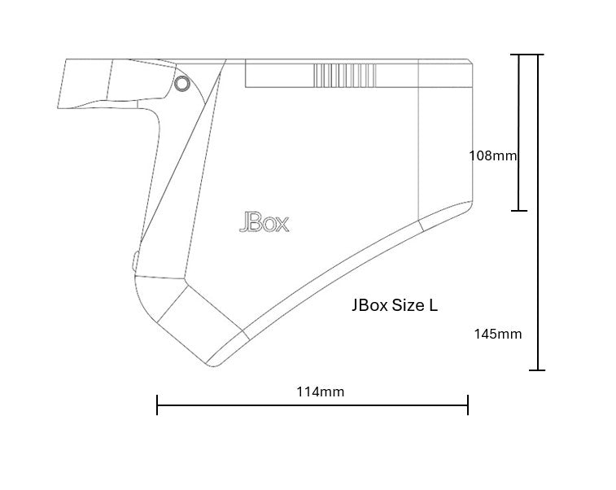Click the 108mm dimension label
coord(492,156)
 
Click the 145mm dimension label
coord(498,334)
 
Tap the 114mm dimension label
coord(320,392)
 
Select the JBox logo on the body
coord(264,222)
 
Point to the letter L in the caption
coord(433,305)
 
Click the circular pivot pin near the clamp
coord(181,83)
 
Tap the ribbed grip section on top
coord(345,75)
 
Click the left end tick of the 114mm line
coord(157,405)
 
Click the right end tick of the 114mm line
coord(468,405)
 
